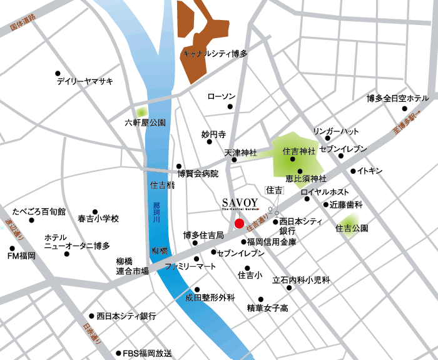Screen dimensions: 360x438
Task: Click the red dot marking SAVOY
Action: (x=238, y=223)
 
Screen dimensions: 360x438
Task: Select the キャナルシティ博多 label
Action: (x=215, y=54)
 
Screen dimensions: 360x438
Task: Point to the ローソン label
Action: (x=221, y=96)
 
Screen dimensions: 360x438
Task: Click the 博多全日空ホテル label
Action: (x=397, y=98)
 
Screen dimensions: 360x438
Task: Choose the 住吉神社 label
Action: (x=298, y=151)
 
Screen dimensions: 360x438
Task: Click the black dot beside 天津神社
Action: (x=234, y=160)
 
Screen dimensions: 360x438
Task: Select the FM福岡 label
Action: (x=21, y=256)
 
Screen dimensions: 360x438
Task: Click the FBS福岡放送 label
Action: (x=146, y=353)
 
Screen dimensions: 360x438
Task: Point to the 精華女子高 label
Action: (x=267, y=307)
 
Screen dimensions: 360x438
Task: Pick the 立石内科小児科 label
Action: (x=300, y=281)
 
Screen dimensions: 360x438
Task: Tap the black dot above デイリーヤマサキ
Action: (x=58, y=73)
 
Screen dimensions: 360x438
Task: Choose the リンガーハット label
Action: (x=336, y=131)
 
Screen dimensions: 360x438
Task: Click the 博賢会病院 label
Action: (x=198, y=173)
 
